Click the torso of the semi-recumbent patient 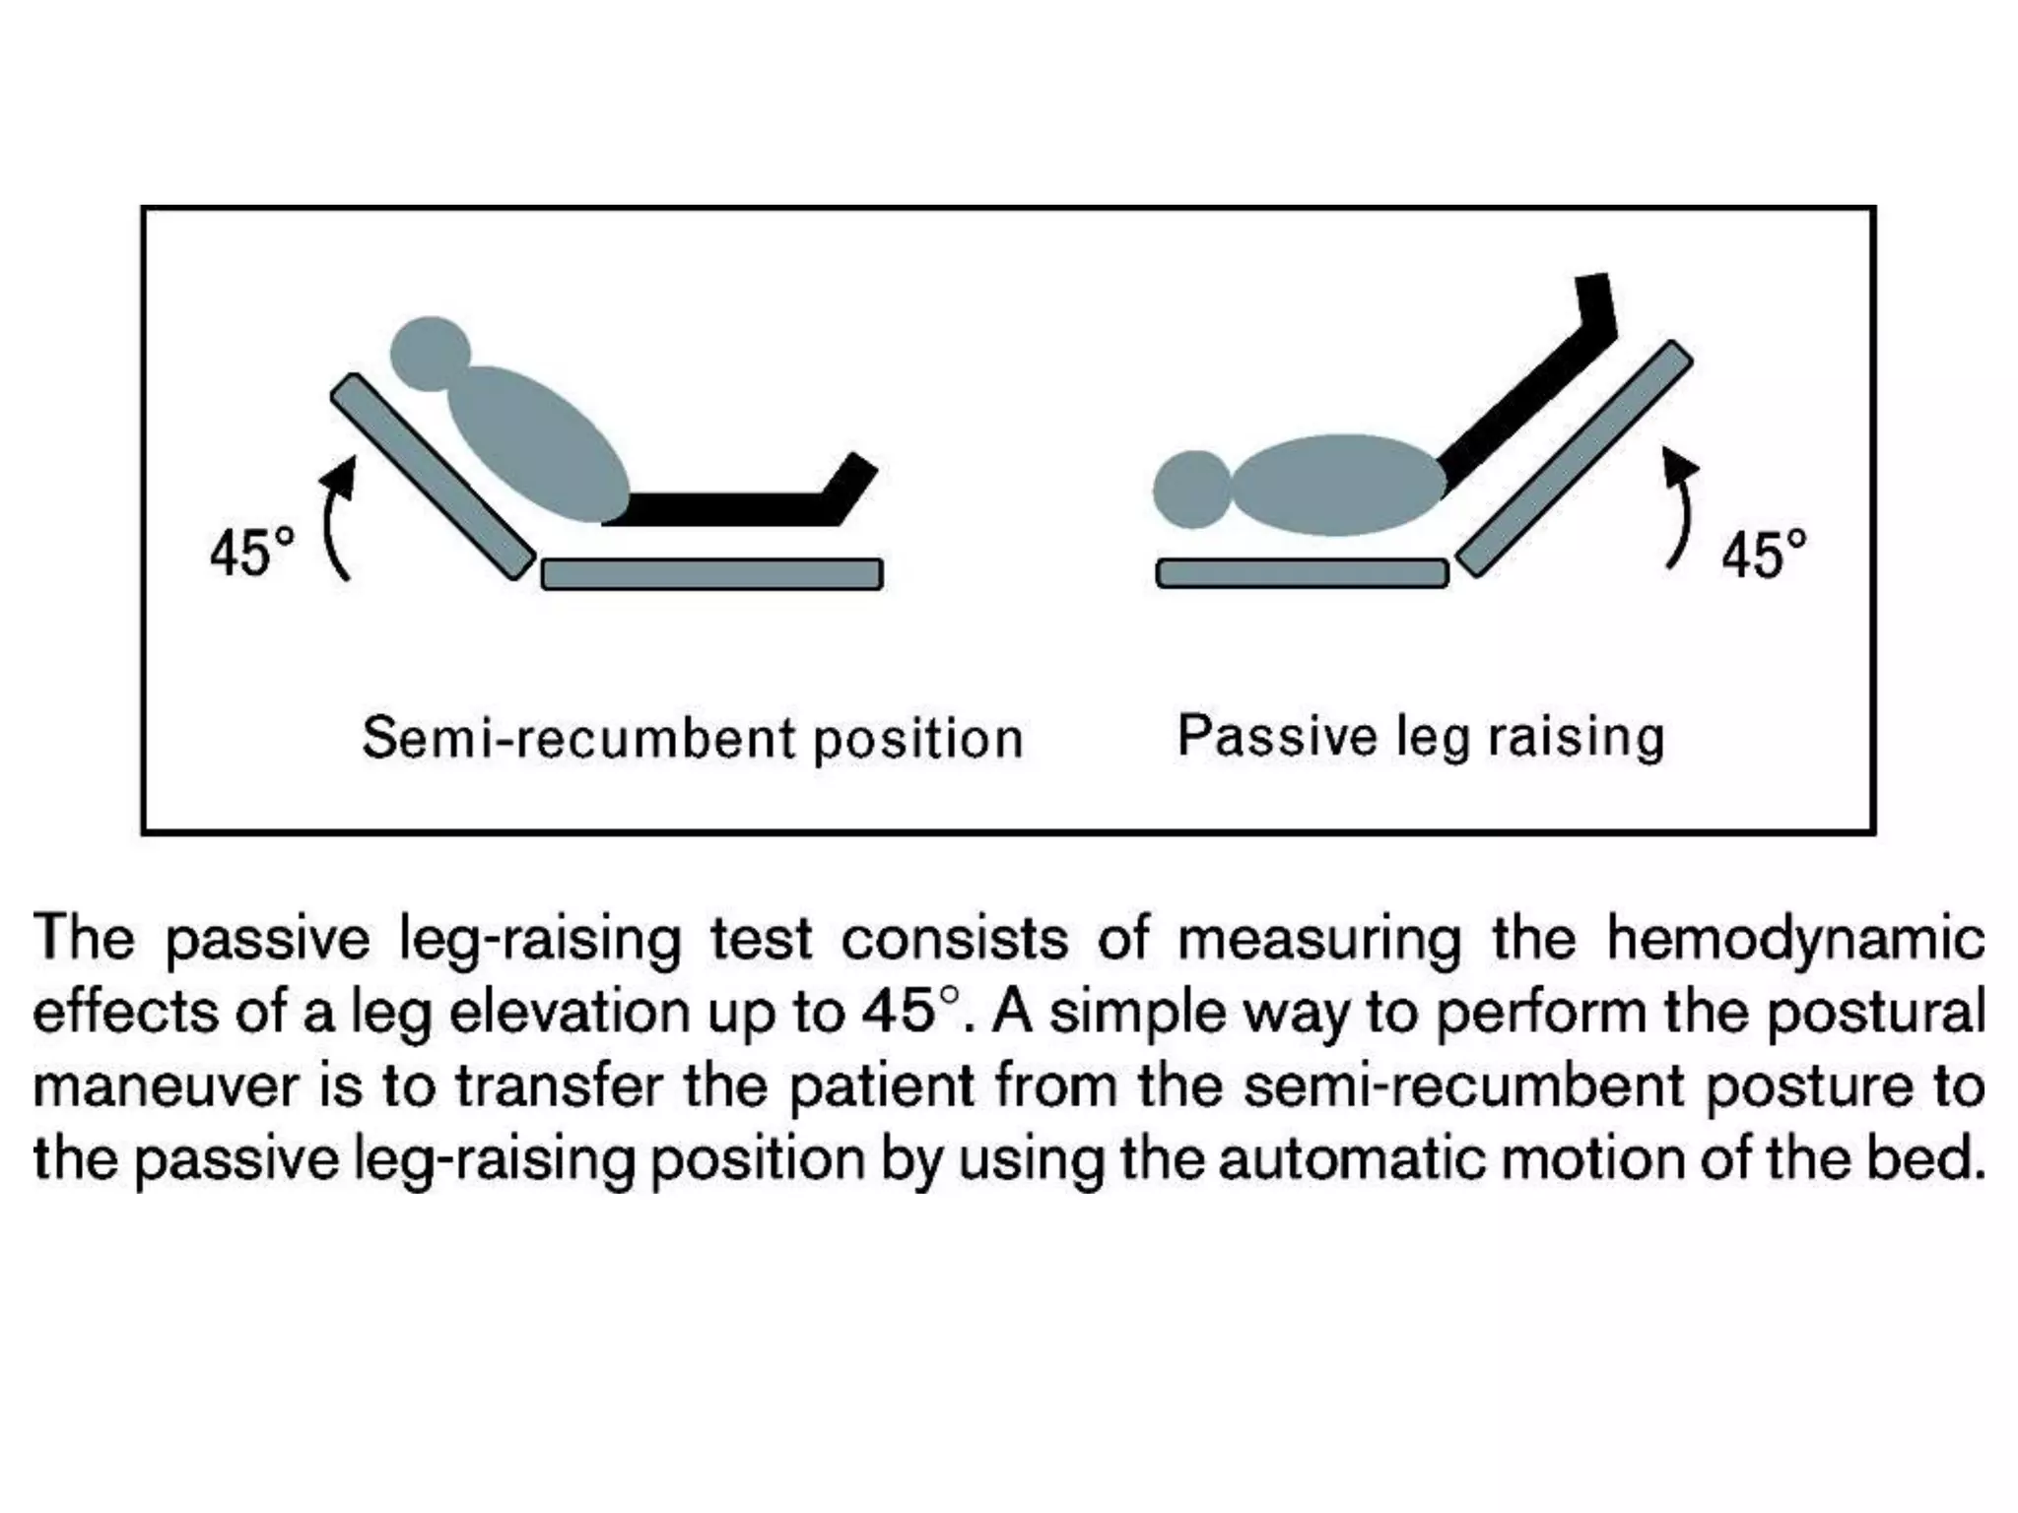537,443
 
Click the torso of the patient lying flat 1338,486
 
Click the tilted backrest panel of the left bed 434,477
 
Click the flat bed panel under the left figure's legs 711,574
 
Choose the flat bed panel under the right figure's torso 1302,573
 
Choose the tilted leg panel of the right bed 1574,459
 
